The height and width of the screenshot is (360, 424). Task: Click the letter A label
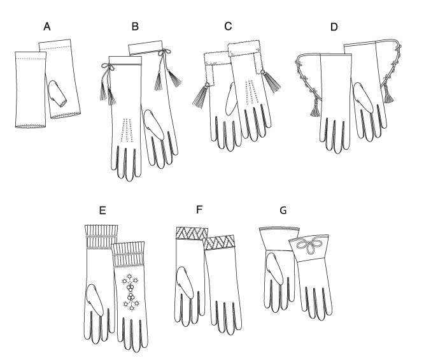tap(47, 27)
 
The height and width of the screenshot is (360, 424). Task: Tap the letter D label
tap(334, 27)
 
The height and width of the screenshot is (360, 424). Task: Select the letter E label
tap(102, 210)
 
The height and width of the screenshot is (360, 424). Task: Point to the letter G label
tap(283, 210)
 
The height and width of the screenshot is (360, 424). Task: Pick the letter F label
tap(199, 210)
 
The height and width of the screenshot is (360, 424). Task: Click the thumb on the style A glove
tap(57, 93)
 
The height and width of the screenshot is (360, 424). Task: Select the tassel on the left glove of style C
tap(201, 95)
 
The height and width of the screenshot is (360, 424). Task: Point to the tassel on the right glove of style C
tap(271, 81)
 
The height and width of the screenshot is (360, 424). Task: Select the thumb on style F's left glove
tap(185, 282)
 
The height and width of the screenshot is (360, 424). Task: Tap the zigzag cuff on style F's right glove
tap(219, 243)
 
